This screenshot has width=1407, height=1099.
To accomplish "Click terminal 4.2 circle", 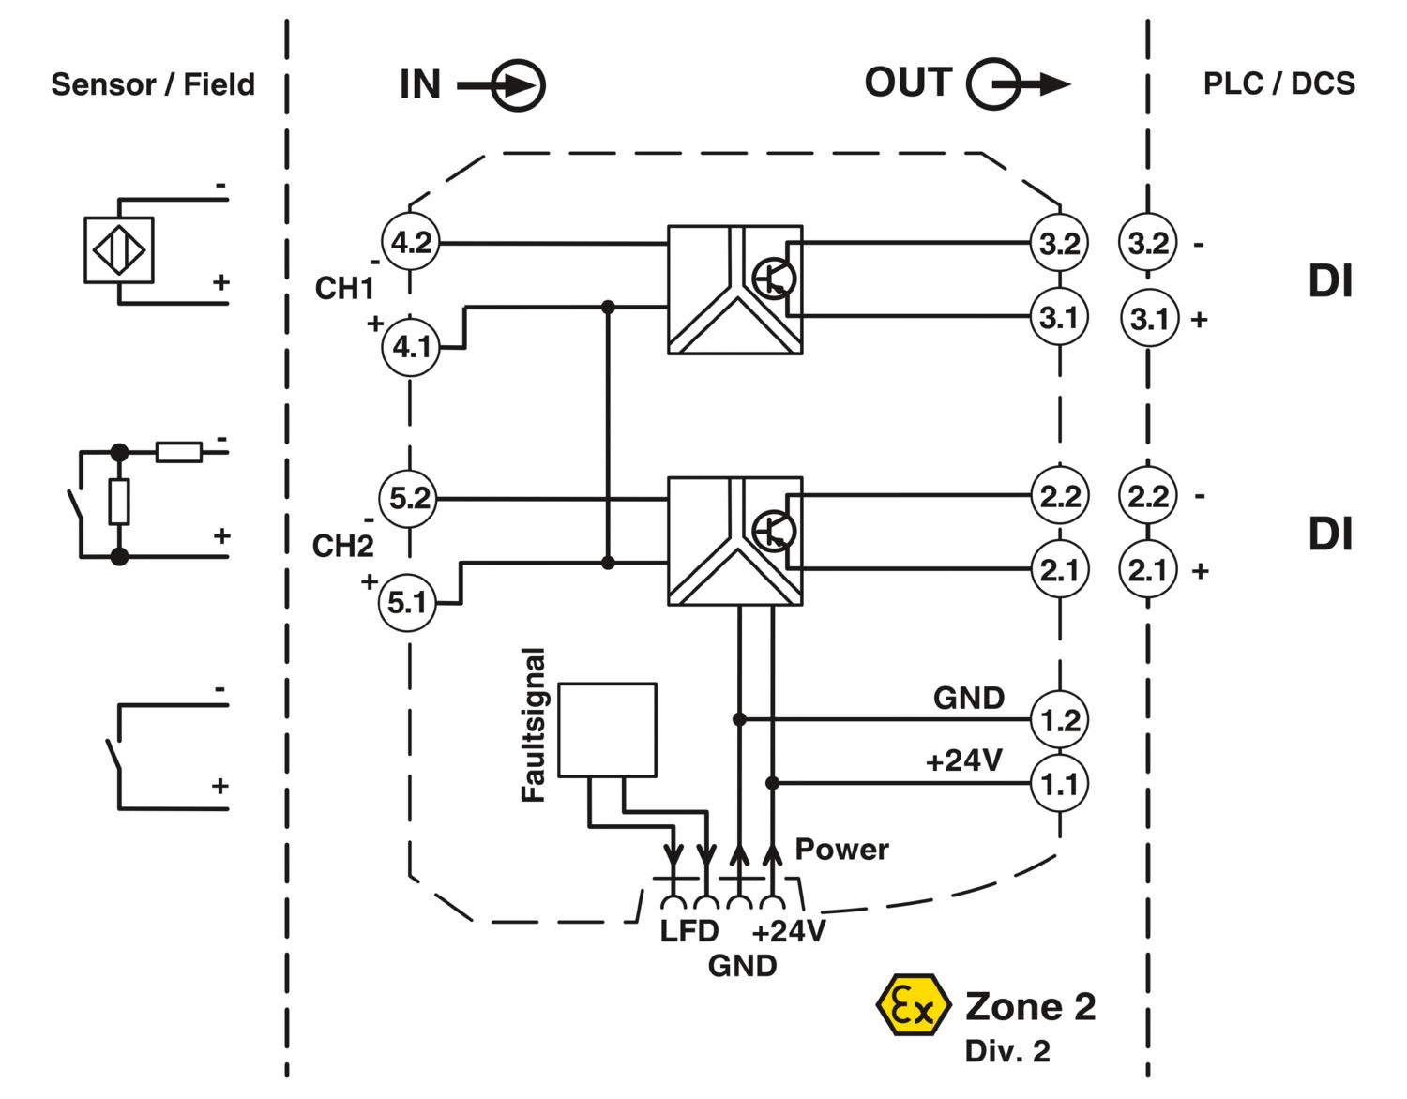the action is [x=411, y=242].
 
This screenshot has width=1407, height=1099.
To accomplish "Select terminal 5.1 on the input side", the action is [x=407, y=603].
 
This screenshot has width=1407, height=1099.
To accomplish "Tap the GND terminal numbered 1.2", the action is [x=1059, y=720].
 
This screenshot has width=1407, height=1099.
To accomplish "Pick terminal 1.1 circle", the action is [x=1059, y=783].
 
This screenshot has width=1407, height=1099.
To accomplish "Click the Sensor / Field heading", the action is [x=153, y=84].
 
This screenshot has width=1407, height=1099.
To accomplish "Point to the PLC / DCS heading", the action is [x=1278, y=83].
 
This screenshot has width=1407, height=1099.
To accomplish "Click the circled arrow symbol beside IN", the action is [x=502, y=85].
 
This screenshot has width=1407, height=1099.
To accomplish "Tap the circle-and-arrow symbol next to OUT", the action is [x=1018, y=84].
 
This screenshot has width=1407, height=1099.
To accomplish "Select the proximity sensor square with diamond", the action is [x=119, y=249].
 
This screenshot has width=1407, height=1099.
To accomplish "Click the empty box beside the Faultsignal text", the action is [x=607, y=730].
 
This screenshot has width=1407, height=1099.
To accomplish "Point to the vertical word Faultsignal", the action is [x=534, y=725].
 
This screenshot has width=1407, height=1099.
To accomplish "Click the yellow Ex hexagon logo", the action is [x=914, y=1005].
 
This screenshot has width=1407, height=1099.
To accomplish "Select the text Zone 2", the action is [x=1030, y=1006].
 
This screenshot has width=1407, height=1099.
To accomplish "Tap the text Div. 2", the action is [x=1007, y=1052].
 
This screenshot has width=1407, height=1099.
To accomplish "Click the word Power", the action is [x=841, y=850].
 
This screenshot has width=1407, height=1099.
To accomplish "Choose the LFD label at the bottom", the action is [x=688, y=931].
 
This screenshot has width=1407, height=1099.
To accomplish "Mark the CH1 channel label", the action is [x=344, y=288].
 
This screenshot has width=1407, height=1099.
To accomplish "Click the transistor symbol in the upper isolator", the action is [x=775, y=279].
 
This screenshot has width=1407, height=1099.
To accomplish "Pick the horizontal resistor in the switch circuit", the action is [x=179, y=452].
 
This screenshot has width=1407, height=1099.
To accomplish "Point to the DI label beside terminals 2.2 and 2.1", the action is [x=1331, y=534].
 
